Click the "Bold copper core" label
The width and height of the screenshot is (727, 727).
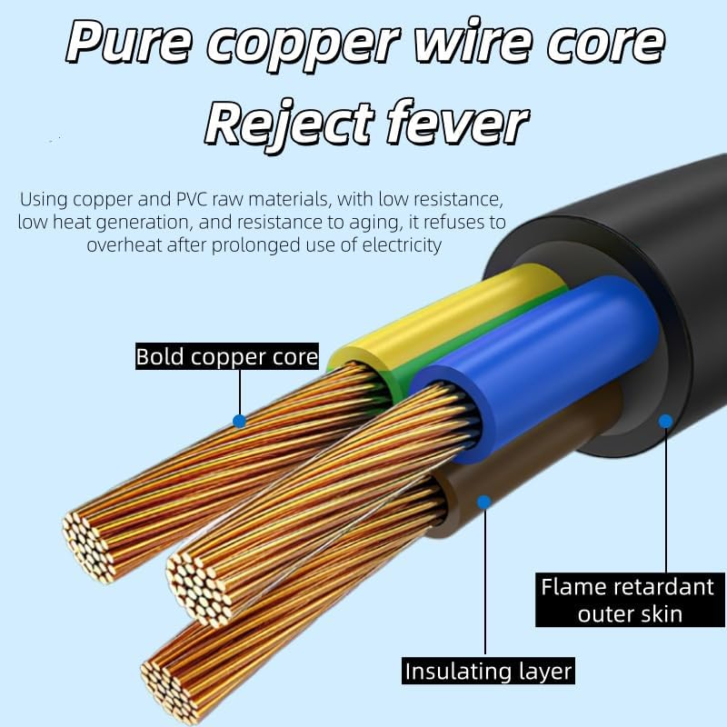click(227, 356)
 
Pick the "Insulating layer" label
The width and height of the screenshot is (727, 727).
click(488, 672)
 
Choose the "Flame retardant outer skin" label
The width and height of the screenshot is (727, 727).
click(627, 599)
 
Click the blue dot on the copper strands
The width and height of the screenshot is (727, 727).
click(239, 422)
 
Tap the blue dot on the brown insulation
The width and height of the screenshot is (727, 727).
click(484, 501)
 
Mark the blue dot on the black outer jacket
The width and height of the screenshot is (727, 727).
click(665, 421)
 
